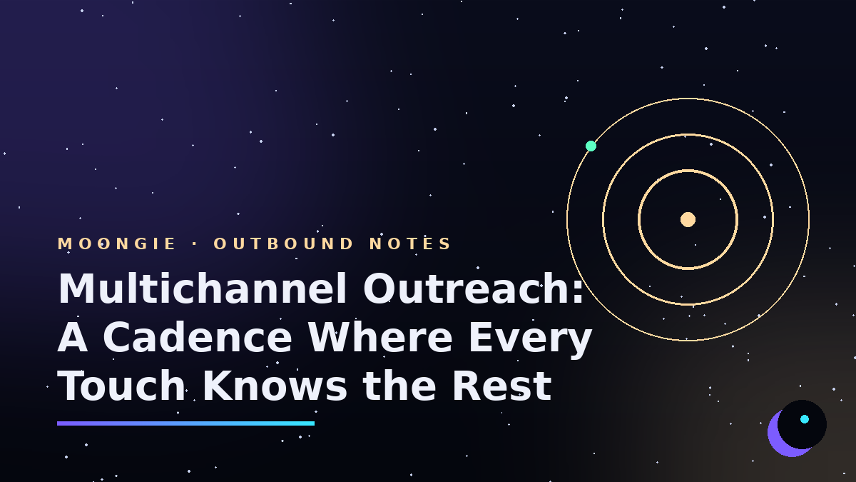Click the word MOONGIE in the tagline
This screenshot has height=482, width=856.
(116, 243)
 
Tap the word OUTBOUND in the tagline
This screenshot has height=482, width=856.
(283, 243)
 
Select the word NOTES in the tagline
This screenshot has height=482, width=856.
(410, 243)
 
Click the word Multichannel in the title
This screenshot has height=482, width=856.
(203, 288)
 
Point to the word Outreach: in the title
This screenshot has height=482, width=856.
(473, 288)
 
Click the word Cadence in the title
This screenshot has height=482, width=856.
(197, 337)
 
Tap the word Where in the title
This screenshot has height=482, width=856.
(380, 337)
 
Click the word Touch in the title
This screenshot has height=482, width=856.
(121, 386)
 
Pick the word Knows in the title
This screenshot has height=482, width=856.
(275, 386)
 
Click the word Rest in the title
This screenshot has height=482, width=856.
(501, 386)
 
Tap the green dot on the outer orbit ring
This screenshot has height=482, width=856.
(591, 146)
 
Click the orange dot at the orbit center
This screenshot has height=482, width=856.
(688, 220)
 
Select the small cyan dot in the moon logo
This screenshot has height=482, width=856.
(805, 419)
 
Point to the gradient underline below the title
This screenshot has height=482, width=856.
(185, 423)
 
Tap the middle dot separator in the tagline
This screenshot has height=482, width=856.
(195, 244)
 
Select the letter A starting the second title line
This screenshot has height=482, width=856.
(72, 337)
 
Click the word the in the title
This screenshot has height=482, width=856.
(399, 386)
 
